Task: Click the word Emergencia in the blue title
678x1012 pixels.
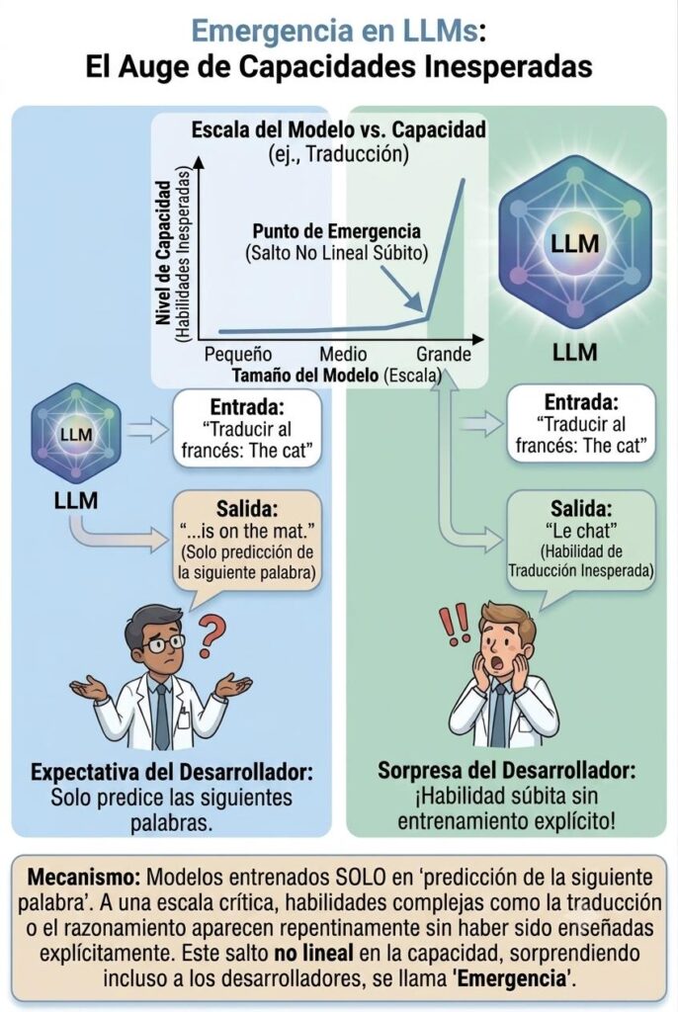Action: (x=266, y=33)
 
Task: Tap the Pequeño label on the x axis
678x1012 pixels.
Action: (x=237, y=355)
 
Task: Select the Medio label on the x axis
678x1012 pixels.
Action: (x=343, y=355)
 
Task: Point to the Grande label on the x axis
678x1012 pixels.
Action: (x=443, y=355)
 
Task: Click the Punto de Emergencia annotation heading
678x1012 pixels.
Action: (x=336, y=231)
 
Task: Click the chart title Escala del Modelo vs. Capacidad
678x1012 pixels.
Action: (x=338, y=129)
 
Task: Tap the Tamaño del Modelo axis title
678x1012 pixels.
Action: (x=304, y=375)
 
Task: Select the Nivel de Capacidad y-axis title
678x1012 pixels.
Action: (x=165, y=253)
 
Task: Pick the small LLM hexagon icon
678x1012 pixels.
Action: (x=76, y=433)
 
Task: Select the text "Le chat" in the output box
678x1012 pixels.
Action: (x=581, y=531)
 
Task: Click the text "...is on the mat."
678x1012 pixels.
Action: (x=247, y=531)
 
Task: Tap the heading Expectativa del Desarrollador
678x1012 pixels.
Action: (x=172, y=772)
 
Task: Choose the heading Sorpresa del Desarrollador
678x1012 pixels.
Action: (x=507, y=770)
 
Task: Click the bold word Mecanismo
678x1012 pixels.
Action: (x=84, y=878)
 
